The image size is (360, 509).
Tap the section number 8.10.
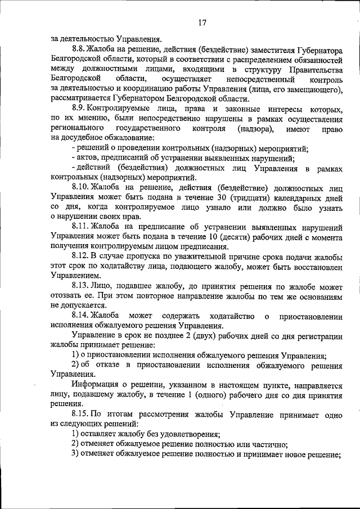pos(83,187)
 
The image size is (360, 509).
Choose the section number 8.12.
pos(82,256)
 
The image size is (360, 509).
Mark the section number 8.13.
pos(82,286)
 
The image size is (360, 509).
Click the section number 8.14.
pos(82,316)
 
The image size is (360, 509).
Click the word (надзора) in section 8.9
pos(252,128)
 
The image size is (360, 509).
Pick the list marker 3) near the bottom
pos(75,454)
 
